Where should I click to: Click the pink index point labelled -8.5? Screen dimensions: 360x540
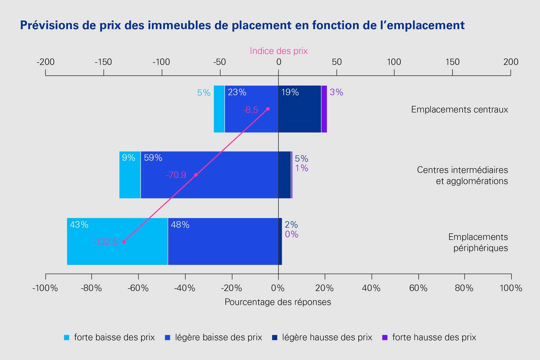tap(268, 109)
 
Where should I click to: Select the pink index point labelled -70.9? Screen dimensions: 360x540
tap(196, 175)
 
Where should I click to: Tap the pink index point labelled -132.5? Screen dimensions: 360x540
tap(124, 242)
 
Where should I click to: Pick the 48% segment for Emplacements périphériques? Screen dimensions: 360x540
tap(222, 241)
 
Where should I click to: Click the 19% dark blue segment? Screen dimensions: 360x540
tap(300, 109)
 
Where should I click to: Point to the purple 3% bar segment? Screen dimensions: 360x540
tap(324, 109)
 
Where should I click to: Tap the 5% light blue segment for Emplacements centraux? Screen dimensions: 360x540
tap(219, 109)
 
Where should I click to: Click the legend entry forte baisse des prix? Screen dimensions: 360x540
tap(109, 337)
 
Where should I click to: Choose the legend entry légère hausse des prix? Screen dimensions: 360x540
tap(322, 337)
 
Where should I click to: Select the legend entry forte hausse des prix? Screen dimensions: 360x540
tap(429, 337)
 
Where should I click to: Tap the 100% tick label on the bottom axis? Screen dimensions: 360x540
tap(510, 288)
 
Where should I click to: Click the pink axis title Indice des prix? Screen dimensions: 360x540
tap(279, 51)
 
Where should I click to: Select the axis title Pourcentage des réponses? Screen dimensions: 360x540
tap(278, 302)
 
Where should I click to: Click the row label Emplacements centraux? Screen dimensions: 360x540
tap(459, 109)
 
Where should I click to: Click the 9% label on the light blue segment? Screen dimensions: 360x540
tap(129, 158)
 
